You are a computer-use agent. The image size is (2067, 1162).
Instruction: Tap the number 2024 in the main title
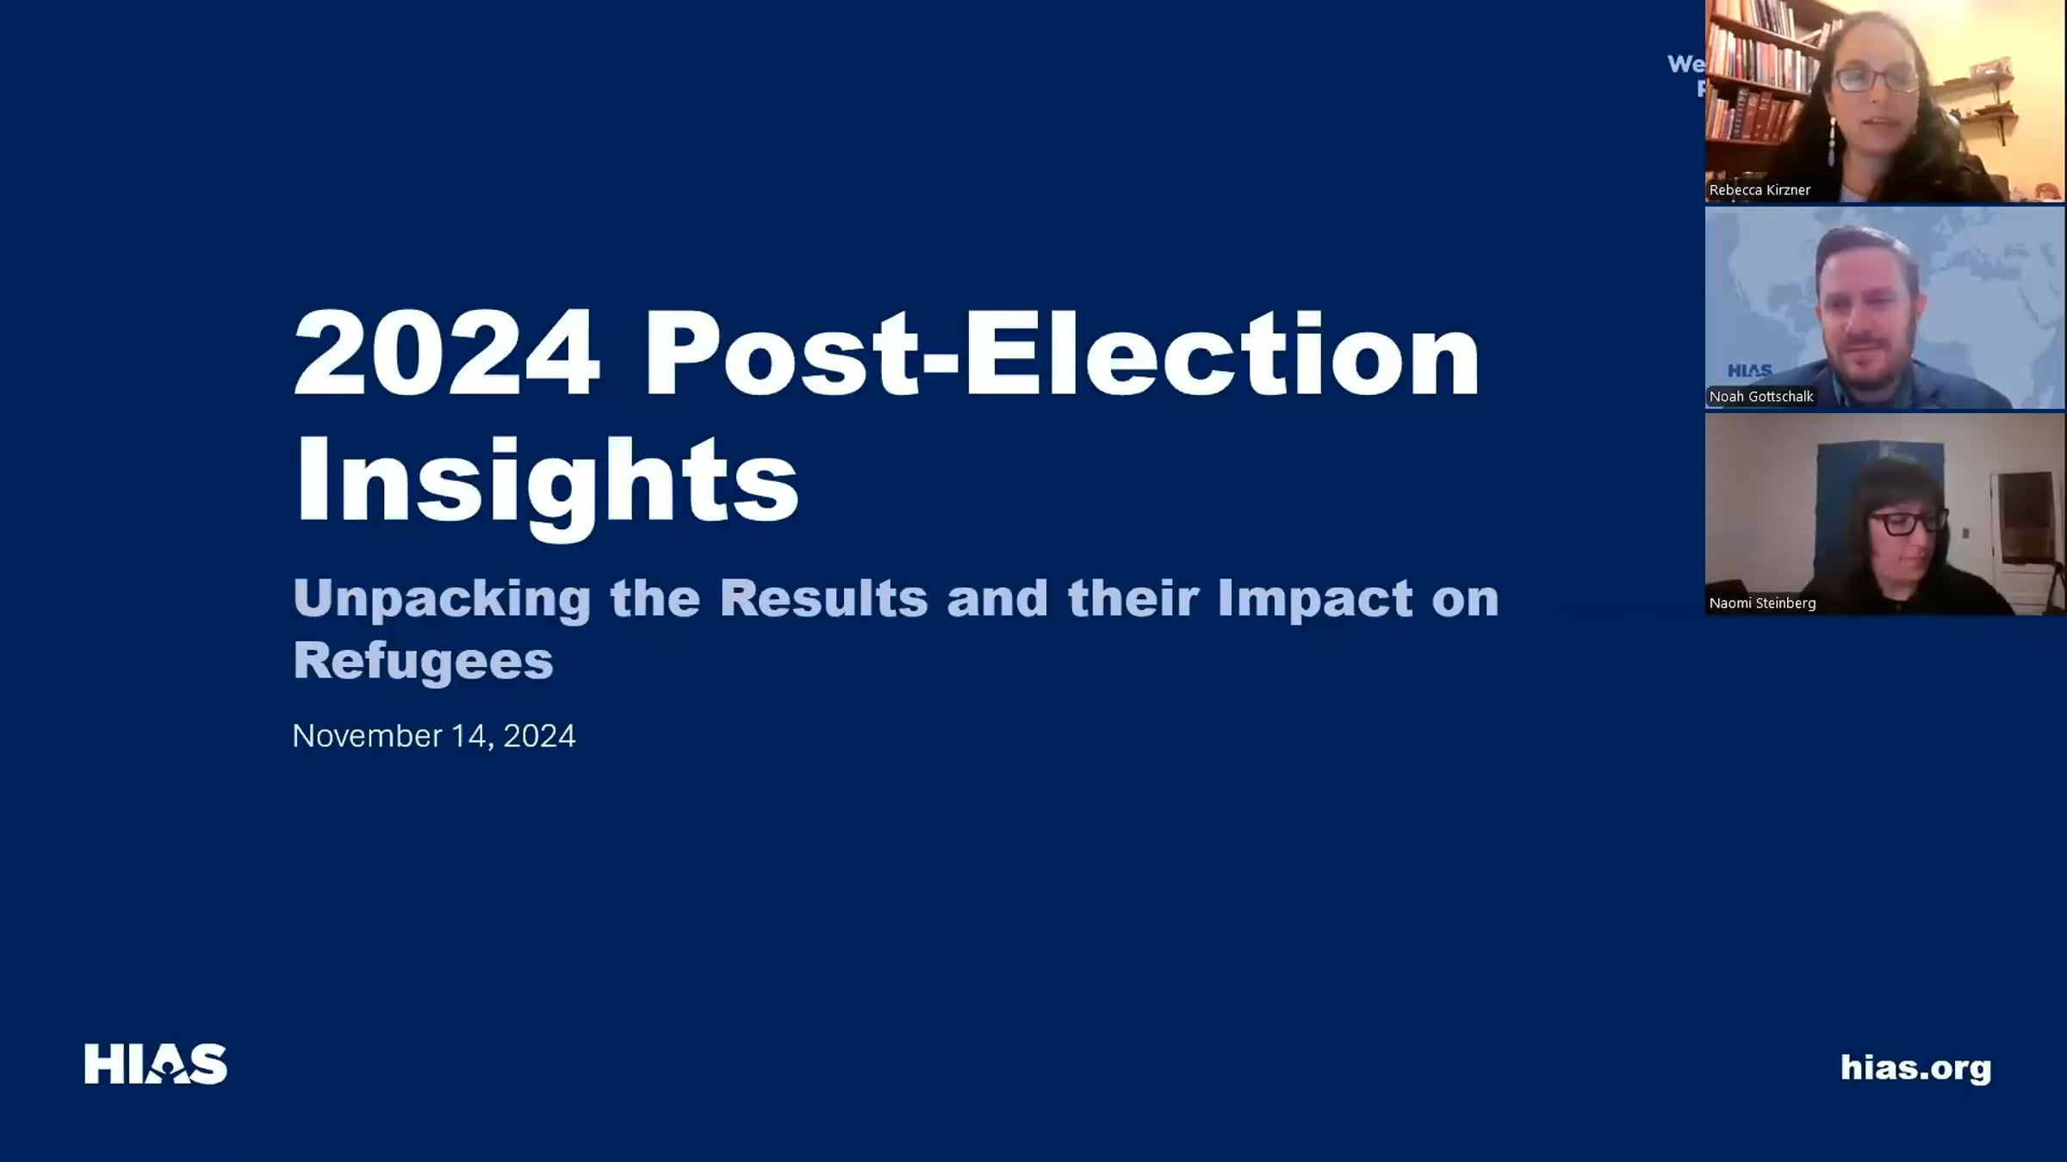446,353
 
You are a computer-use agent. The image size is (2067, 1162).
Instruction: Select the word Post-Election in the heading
1061,353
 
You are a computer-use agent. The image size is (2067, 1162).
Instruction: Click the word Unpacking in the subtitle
441,598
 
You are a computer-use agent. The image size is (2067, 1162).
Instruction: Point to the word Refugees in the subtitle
423,660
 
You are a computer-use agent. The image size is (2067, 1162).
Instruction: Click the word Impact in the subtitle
1314,598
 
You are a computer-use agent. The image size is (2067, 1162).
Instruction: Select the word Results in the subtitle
823,598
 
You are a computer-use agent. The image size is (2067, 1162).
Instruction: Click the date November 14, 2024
433,736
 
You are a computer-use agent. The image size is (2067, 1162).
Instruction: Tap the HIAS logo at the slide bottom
156,1064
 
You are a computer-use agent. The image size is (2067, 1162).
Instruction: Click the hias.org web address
1915,1067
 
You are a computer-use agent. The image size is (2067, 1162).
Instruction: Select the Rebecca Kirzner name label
1760,190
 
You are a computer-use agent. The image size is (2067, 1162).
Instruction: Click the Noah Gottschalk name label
1761,397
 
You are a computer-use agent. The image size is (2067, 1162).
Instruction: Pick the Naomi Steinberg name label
1762,603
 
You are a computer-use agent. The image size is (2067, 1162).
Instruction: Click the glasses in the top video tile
1874,79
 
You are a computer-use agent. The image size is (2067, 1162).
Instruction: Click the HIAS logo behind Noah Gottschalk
1749,371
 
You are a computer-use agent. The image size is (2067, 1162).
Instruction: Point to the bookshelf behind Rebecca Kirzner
1757,69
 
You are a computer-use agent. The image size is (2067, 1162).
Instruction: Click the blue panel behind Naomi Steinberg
1843,482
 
